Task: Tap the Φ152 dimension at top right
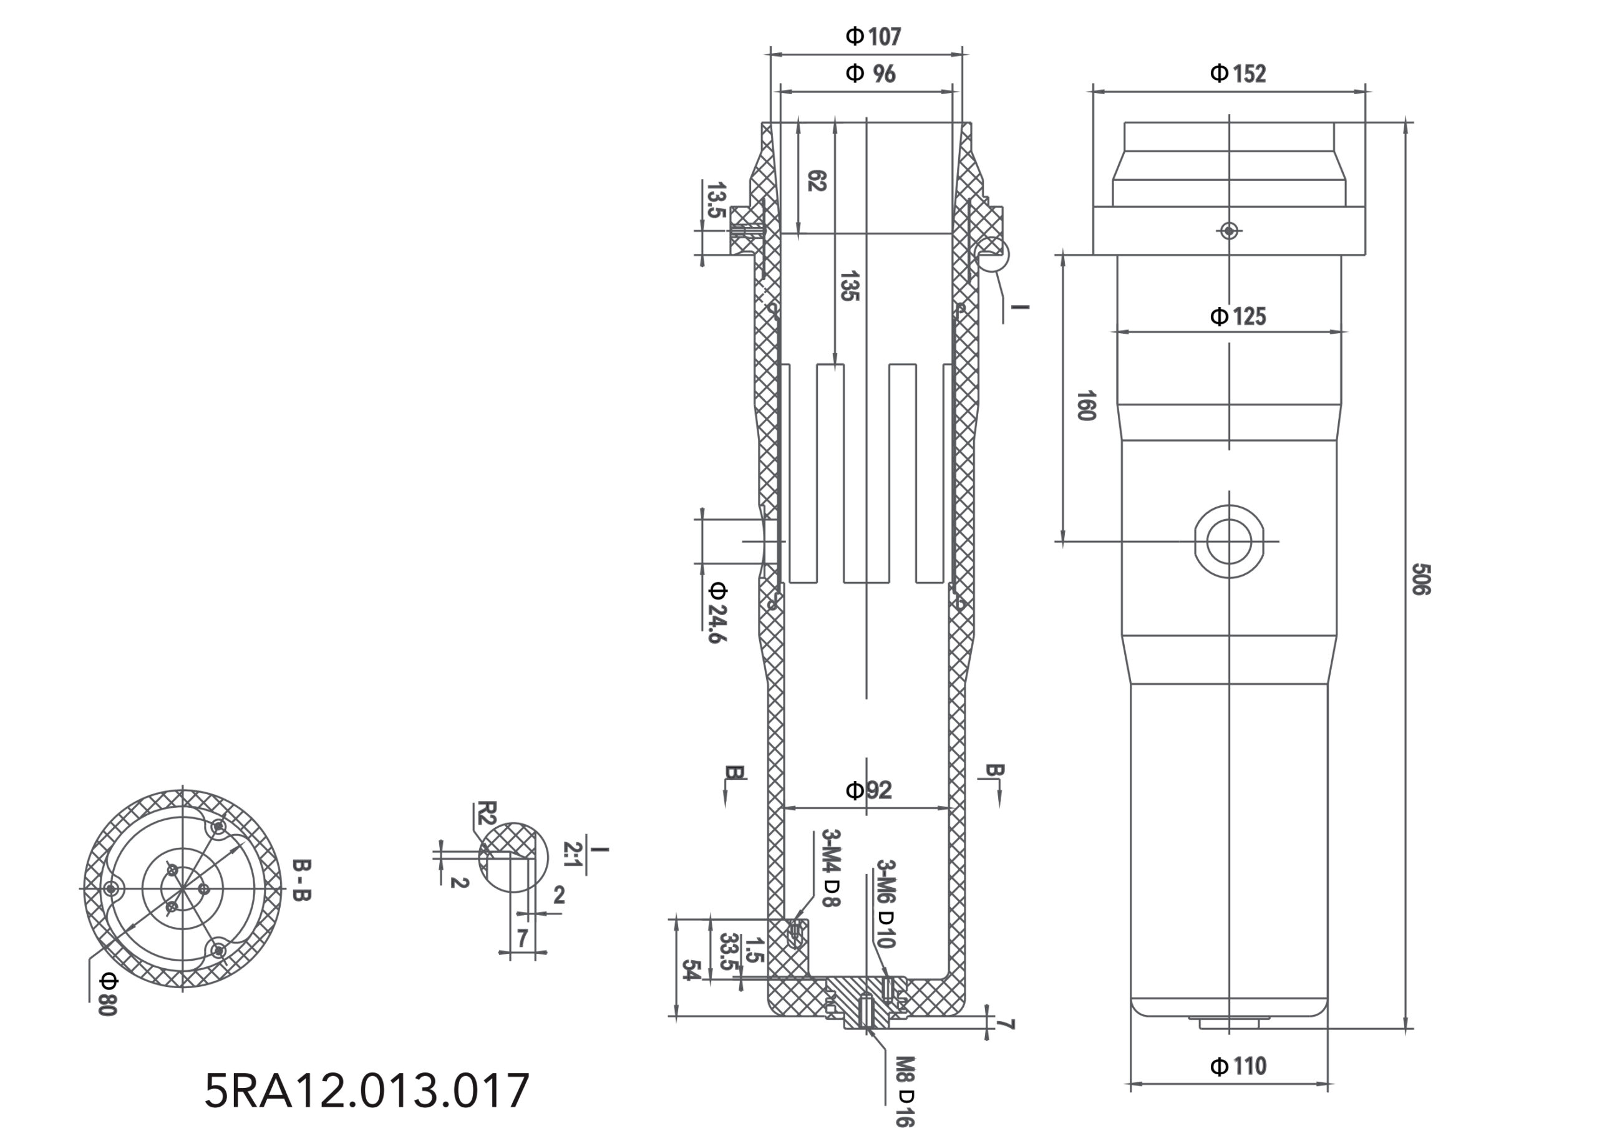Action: [x=1237, y=73]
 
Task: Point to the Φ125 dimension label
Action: [x=1237, y=316]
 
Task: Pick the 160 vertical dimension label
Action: [x=1085, y=405]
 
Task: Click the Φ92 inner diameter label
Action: [x=868, y=790]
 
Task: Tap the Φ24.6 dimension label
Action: [x=717, y=611]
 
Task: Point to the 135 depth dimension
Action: [x=850, y=285]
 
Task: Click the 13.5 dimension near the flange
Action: [x=716, y=200]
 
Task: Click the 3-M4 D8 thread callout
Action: [x=830, y=868]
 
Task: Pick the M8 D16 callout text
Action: [x=906, y=1090]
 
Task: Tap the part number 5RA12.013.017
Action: [x=367, y=1090]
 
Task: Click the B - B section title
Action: [x=301, y=880]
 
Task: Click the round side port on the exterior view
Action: [x=1229, y=541]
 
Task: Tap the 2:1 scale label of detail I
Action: [x=573, y=853]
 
